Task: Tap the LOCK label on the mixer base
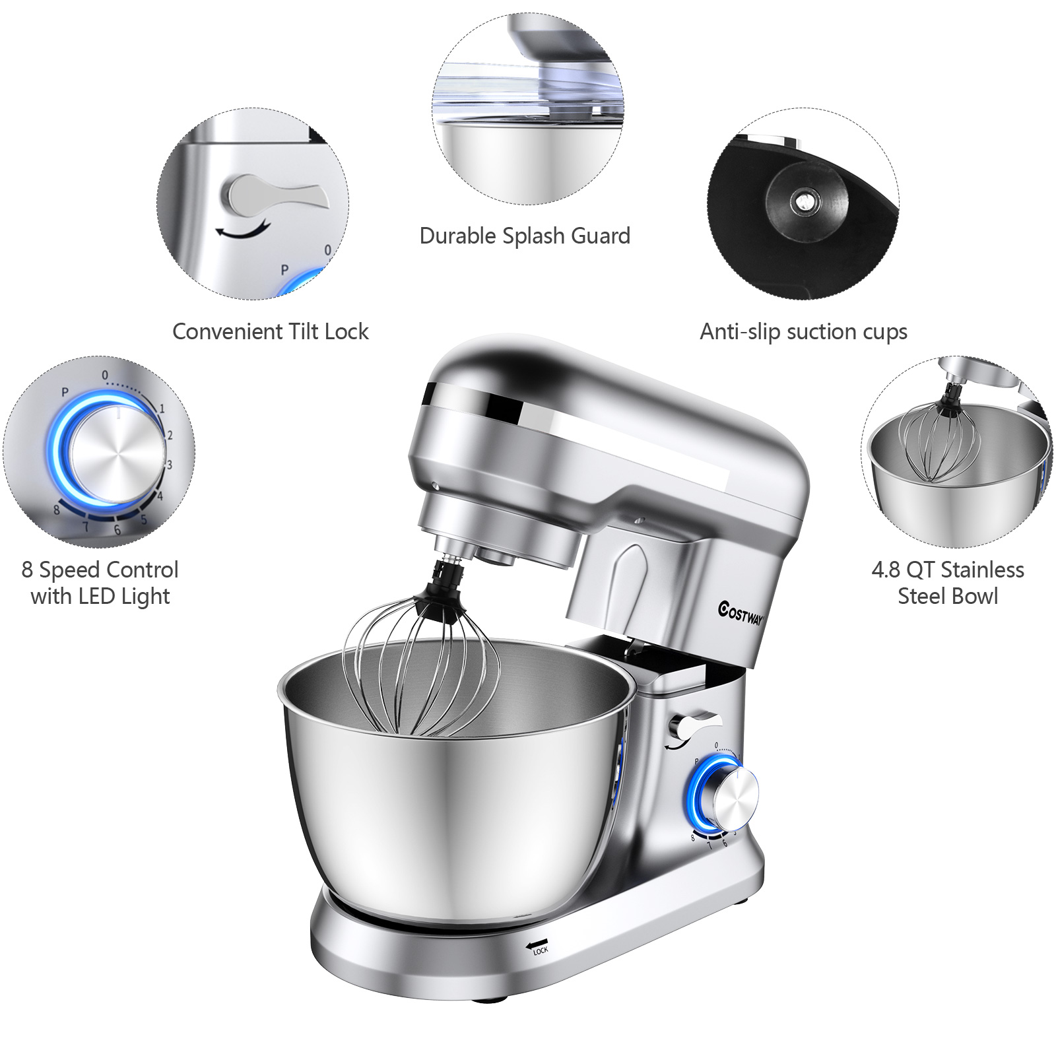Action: click(x=541, y=951)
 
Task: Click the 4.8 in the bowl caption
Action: click(x=886, y=570)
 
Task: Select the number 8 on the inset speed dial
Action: click(x=57, y=510)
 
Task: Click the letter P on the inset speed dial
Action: click(x=65, y=392)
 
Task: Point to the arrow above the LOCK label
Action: click(x=537, y=944)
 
